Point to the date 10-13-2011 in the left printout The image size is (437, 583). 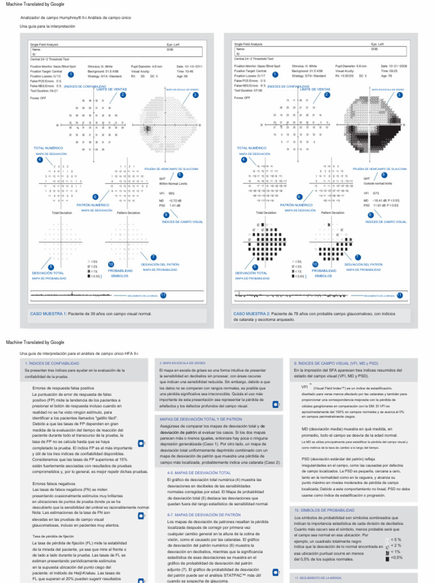189,66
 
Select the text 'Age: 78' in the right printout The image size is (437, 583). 386,75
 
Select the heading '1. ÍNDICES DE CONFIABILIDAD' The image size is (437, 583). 48,363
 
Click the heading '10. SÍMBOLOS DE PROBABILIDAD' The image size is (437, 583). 321,494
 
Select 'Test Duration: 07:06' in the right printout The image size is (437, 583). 250,89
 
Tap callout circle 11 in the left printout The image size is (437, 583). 163,295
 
